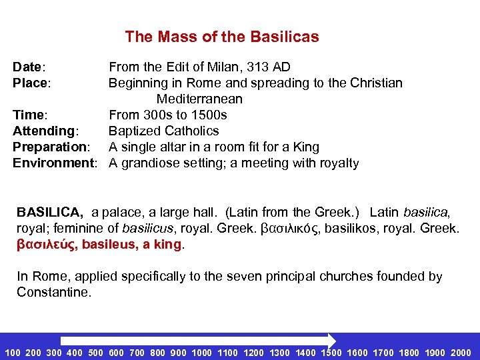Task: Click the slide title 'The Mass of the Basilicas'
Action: (222, 37)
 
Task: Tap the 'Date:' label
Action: (29, 67)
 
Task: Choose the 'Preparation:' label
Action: (51, 147)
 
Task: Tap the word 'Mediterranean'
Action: (199, 99)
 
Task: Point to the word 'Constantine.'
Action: (53, 292)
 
